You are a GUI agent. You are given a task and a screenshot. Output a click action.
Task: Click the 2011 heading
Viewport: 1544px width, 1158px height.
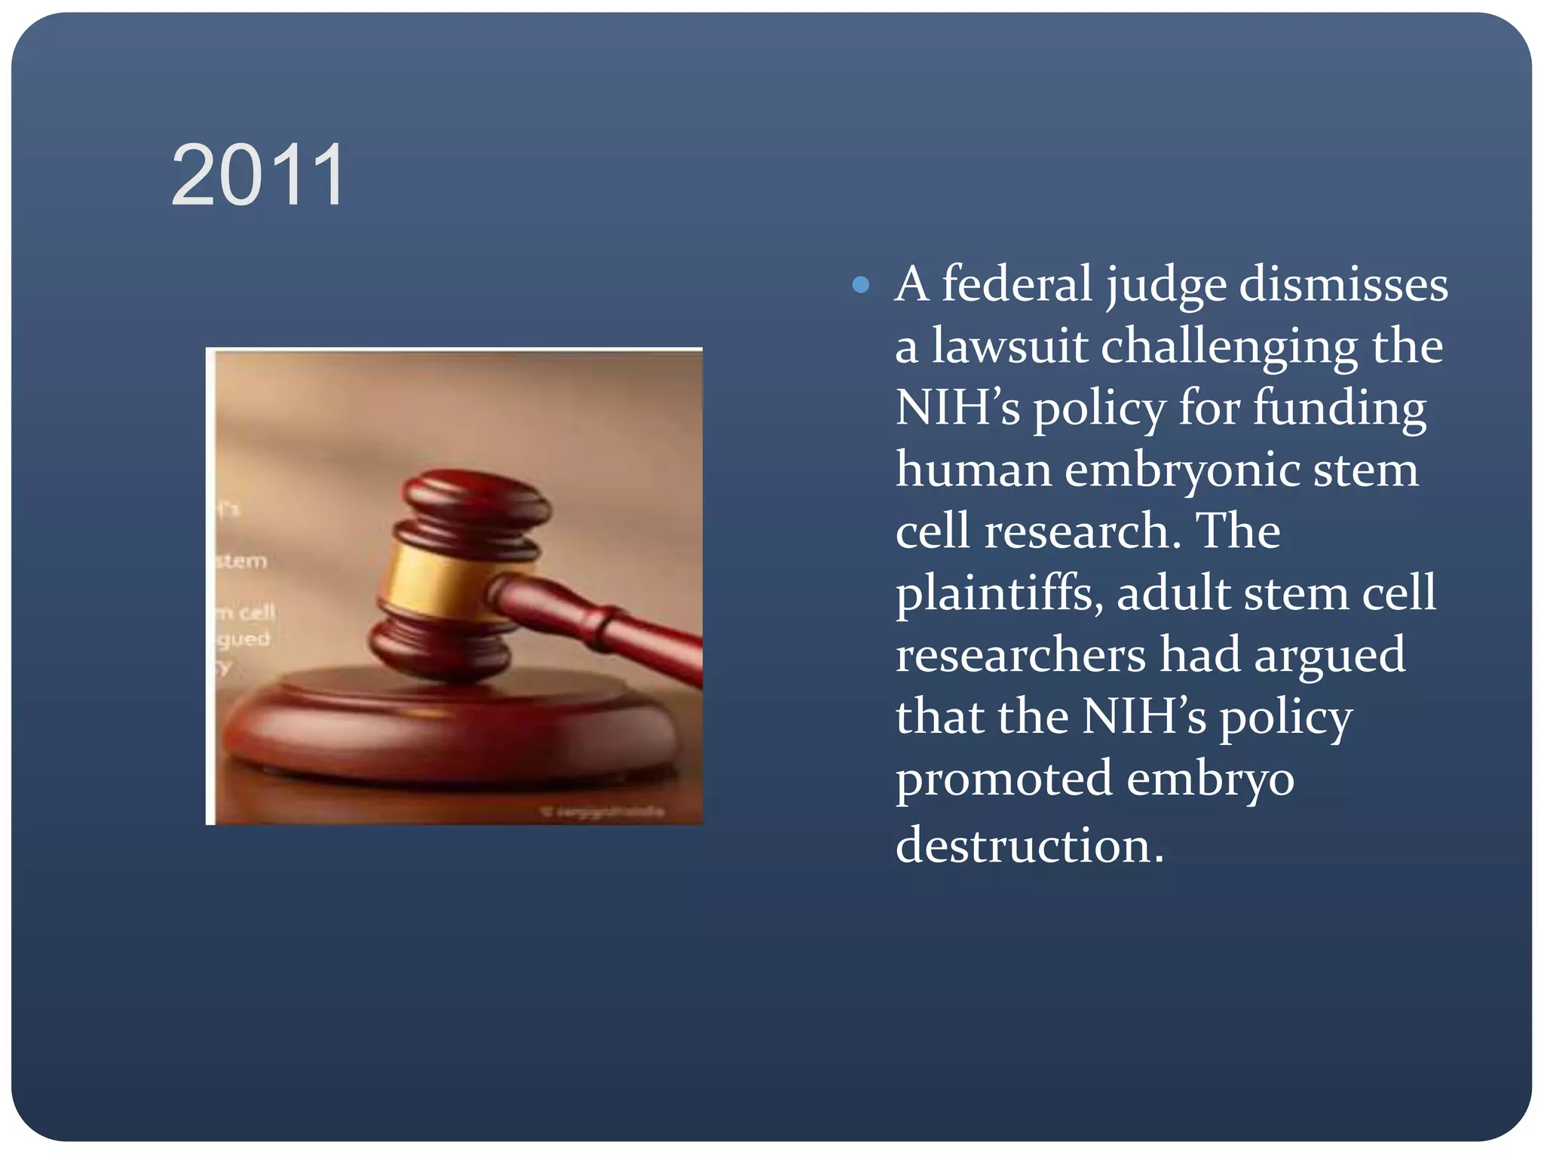point(259,176)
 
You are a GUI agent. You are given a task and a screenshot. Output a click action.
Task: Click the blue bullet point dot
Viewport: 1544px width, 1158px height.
point(860,285)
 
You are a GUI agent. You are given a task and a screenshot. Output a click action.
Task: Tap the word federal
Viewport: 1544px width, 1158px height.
point(1016,284)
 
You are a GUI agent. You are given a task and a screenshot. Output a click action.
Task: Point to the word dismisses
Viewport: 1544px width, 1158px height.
point(1343,284)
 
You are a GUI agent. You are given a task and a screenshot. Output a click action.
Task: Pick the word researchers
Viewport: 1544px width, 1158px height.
point(1020,654)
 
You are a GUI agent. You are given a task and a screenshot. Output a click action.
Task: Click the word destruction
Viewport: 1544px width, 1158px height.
point(1029,845)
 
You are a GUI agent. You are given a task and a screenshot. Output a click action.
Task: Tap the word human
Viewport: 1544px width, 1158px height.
point(973,470)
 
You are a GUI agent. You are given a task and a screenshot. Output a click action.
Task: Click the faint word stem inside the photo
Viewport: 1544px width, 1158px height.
point(242,562)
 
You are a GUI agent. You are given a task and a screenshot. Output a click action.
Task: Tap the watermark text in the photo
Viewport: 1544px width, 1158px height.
point(603,812)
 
